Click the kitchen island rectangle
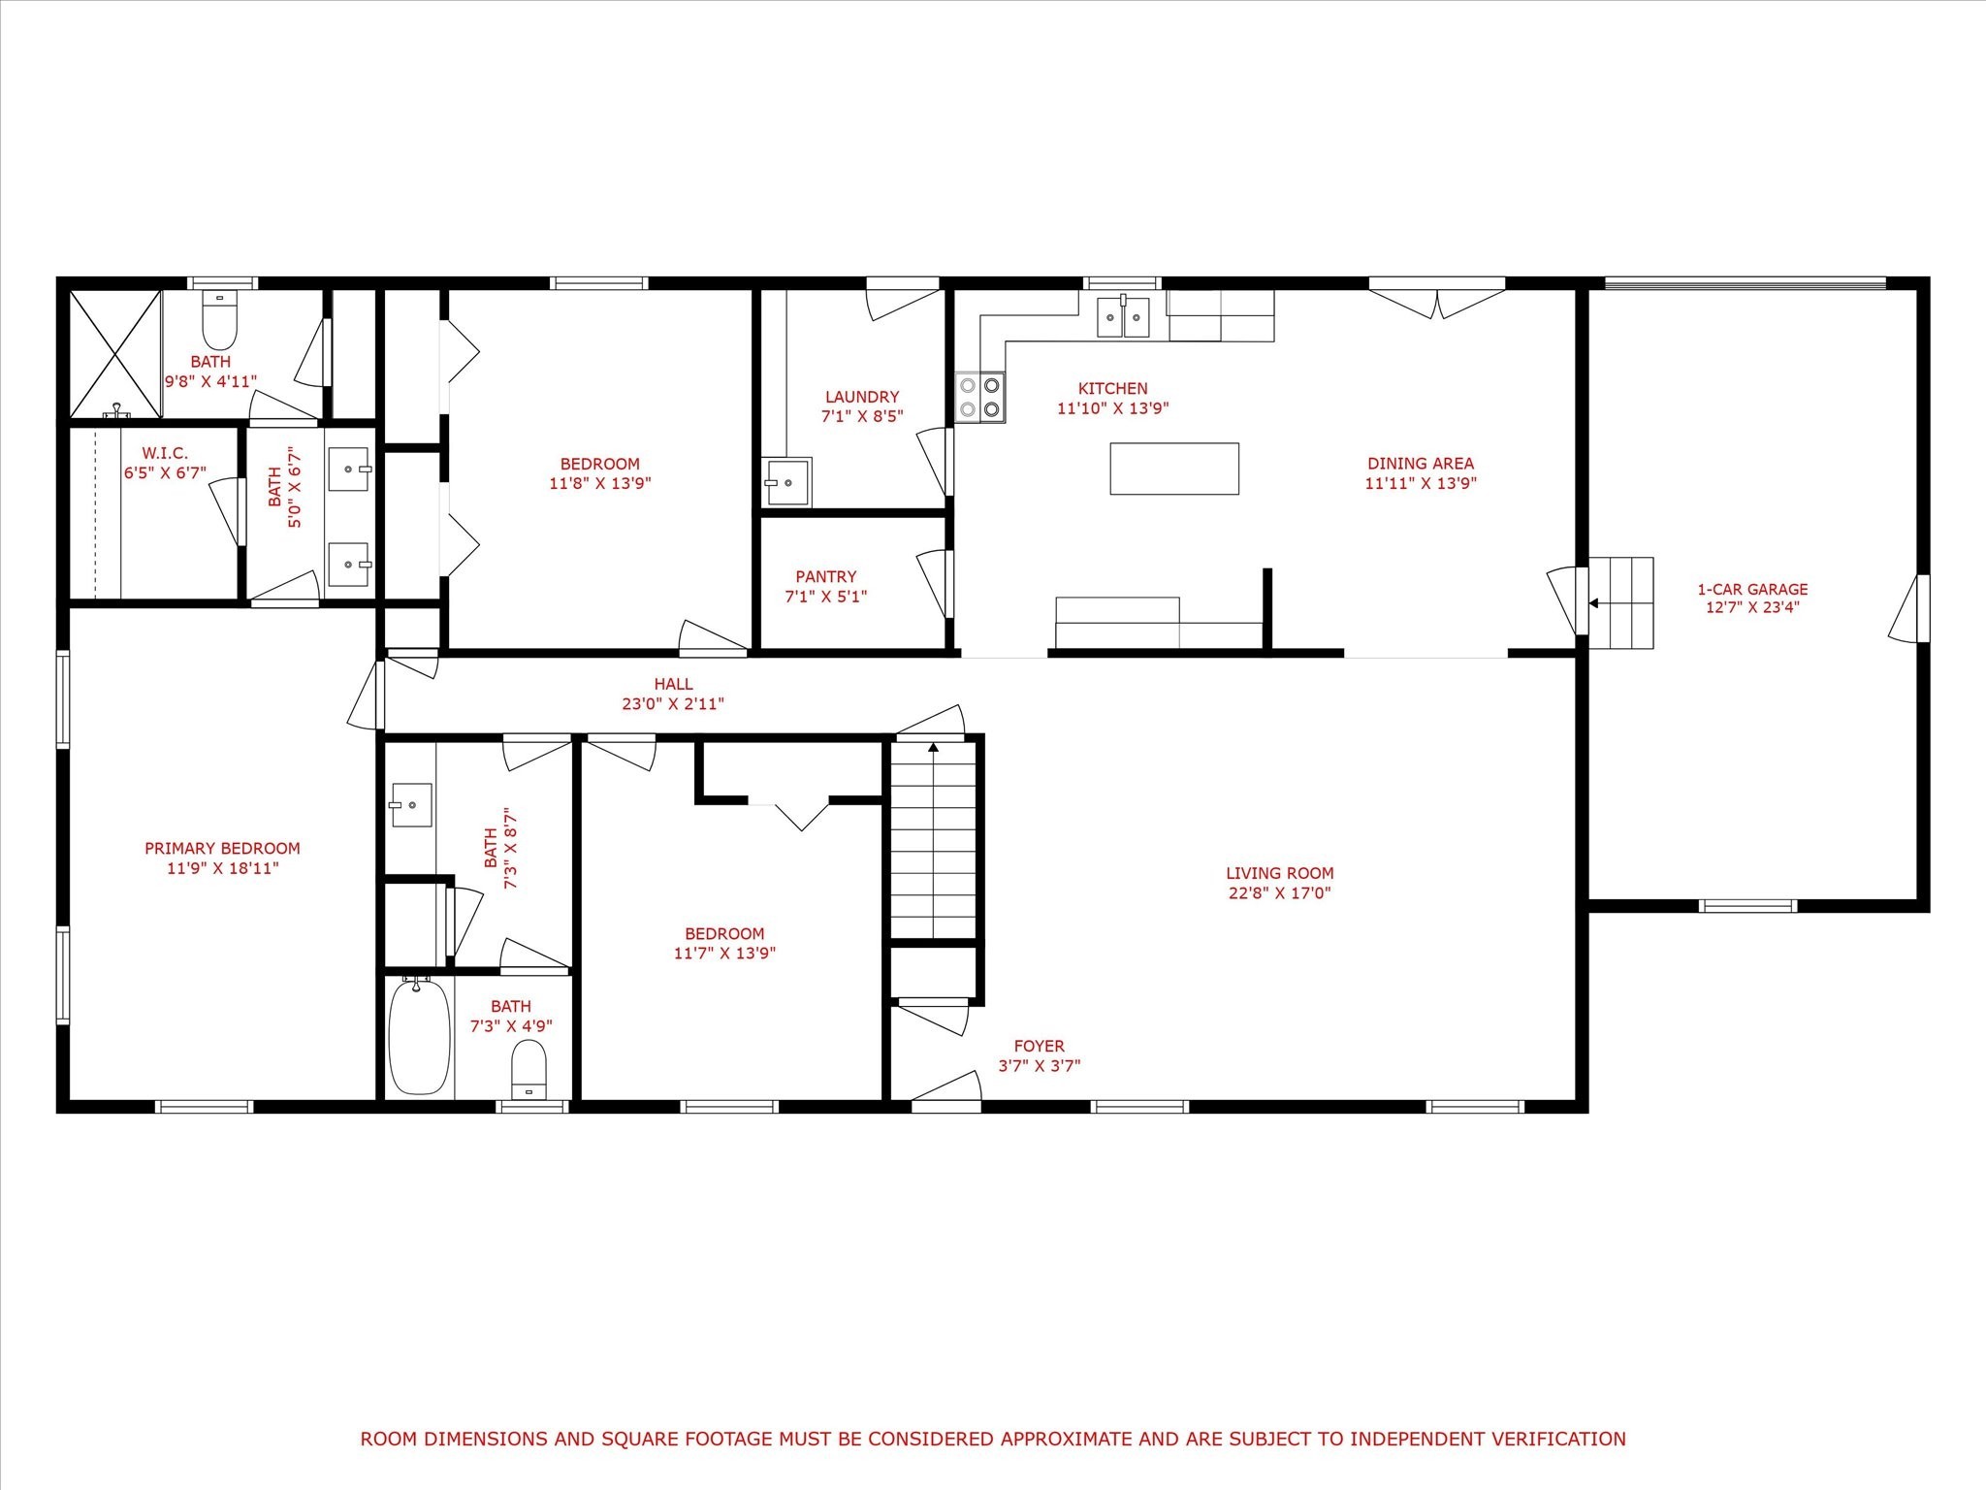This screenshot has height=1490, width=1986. (1174, 469)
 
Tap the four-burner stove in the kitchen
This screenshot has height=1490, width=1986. (980, 398)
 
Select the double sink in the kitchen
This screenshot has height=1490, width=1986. (1123, 316)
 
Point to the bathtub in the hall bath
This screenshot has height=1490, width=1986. (420, 1036)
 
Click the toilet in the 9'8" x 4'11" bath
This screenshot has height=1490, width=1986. (220, 320)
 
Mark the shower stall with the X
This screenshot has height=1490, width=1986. (115, 354)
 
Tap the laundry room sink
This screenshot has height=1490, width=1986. (786, 481)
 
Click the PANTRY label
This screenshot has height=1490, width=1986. (826, 576)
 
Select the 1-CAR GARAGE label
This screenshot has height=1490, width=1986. (1752, 589)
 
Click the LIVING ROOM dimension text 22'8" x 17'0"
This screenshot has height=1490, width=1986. (1280, 892)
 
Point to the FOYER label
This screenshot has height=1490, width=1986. (1040, 1046)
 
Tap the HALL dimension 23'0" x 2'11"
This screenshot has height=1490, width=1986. (673, 704)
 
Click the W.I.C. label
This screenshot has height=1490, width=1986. (165, 453)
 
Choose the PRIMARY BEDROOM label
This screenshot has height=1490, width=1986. (222, 848)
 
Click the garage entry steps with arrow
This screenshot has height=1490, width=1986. (1620, 603)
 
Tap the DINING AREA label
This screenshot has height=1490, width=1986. (1421, 464)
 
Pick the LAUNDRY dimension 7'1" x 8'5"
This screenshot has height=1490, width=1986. (862, 416)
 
